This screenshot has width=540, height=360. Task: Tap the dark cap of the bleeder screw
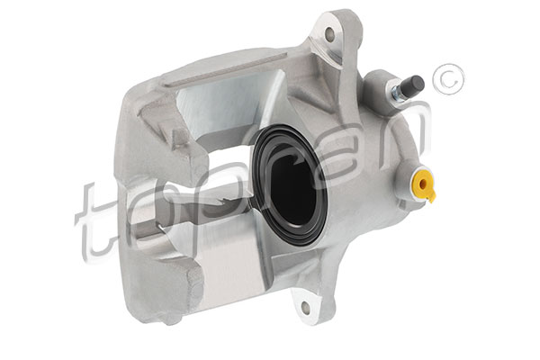415,84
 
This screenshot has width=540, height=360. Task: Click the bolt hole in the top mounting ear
330,34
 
